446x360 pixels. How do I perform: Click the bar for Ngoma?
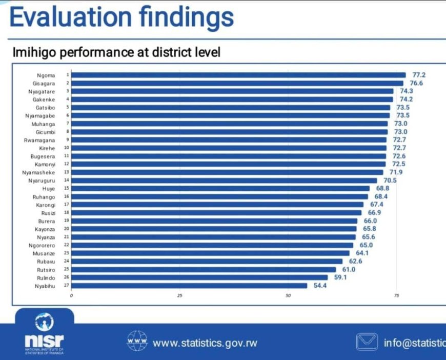[238, 75]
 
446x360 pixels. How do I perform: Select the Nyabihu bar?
[189, 286]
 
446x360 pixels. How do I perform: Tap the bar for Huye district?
[220, 189]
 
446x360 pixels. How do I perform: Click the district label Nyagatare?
[42, 91]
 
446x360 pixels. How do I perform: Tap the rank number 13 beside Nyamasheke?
[67, 172]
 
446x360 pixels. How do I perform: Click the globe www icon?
[137, 341]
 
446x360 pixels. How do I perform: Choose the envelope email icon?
[367, 342]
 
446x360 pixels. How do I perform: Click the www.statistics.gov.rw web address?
[205, 343]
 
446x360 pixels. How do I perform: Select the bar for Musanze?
[211, 253]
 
